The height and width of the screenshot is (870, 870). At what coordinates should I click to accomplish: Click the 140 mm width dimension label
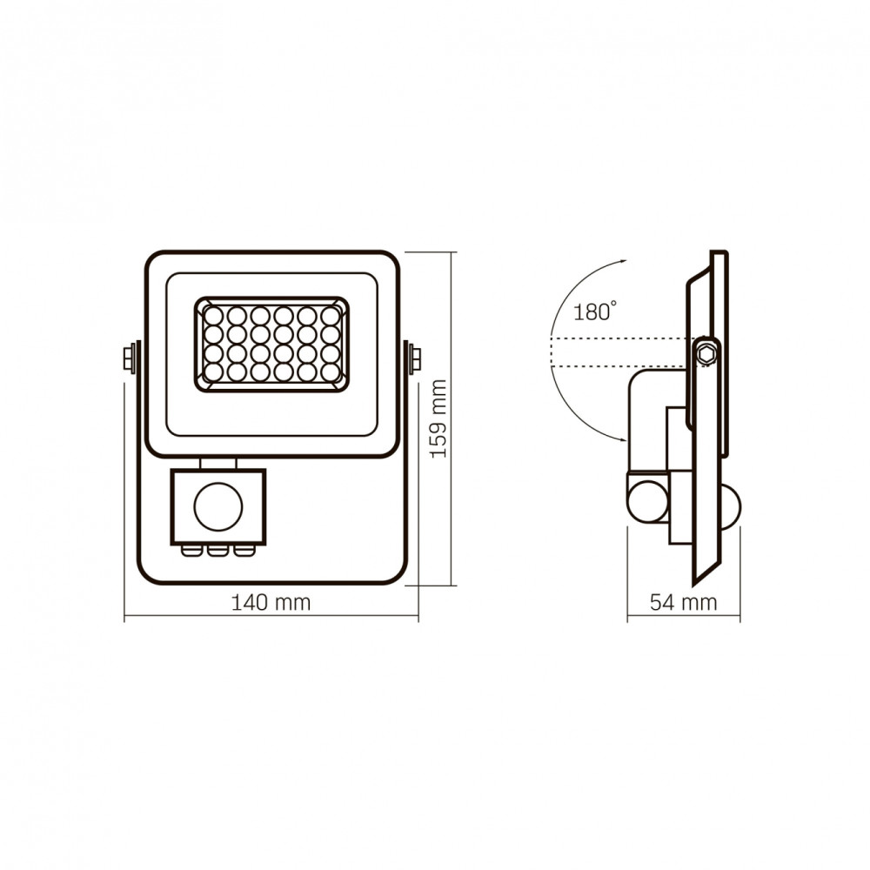(271, 602)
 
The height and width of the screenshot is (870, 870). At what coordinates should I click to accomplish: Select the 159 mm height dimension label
(438, 419)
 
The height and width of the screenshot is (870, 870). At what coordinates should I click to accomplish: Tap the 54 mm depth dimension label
(684, 602)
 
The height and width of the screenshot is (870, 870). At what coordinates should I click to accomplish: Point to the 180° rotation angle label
(594, 311)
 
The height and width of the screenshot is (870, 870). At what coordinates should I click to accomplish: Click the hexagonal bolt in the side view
(706, 353)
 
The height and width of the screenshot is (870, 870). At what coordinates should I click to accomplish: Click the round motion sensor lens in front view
(218, 506)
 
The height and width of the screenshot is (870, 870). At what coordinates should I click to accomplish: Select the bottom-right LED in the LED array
(331, 371)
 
